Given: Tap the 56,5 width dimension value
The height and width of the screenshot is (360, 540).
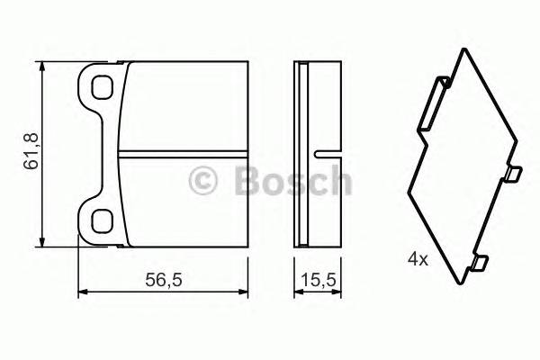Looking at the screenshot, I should click(164, 280).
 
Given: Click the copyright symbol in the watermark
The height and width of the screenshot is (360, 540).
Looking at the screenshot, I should click(203, 182).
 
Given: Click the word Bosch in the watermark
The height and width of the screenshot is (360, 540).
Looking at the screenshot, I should click(292, 181).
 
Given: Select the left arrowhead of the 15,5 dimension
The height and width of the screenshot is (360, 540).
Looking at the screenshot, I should click(298, 291).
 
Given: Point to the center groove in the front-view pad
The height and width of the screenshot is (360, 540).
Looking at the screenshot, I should click(184, 151).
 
